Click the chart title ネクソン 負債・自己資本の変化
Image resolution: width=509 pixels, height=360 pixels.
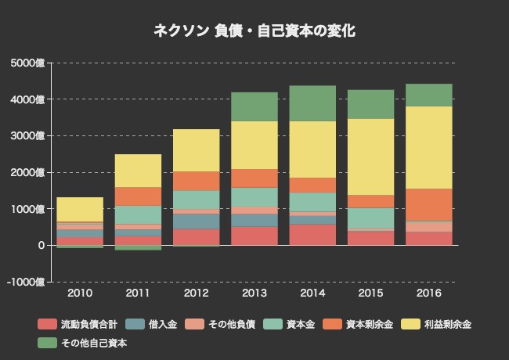click(254, 31)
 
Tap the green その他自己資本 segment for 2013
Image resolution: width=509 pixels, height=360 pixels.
click(254, 106)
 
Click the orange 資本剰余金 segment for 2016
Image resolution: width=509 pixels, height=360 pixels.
click(429, 204)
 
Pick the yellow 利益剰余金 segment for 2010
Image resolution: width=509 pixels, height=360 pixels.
click(80, 209)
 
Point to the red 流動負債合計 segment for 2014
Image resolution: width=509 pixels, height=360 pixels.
click(312, 235)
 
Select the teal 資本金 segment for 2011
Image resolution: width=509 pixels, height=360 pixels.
click(138, 214)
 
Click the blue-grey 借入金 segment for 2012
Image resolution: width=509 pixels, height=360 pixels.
click(197, 221)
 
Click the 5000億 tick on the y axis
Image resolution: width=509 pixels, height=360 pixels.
click(29, 63)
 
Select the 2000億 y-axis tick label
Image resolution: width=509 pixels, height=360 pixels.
click(29, 172)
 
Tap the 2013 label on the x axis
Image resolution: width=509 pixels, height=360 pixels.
click(254, 293)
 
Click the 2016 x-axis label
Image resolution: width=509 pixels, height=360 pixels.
click(429, 293)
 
